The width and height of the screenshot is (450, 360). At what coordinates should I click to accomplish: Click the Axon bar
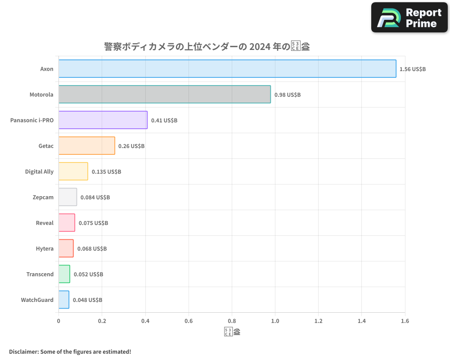click(227, 69)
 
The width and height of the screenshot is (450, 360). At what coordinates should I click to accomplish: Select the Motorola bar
click(165, 94)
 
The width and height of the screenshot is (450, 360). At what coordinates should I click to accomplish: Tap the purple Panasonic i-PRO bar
click(103, 120)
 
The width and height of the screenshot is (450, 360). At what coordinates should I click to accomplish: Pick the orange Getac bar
click(87, 146)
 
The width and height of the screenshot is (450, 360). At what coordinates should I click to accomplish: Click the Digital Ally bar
click(73, 171)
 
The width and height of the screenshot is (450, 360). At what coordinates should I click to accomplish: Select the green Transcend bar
click(64, 274)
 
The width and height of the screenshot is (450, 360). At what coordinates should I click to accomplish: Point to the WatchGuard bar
click(64, 300)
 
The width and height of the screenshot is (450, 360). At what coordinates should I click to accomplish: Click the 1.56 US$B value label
click(413, 69)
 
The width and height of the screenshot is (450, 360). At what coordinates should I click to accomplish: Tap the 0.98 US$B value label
click(288, 95)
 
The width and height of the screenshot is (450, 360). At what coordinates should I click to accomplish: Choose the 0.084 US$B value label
click(95, 198)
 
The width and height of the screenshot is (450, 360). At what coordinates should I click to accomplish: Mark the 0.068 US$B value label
click(92, 249)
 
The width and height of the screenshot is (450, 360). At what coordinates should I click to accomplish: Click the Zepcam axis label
click(43, 197)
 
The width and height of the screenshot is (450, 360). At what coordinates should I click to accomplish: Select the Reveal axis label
click(45, 223)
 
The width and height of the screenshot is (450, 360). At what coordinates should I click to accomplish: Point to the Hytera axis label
click(45, 248)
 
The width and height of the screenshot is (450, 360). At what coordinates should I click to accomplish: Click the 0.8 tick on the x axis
click(232, 321)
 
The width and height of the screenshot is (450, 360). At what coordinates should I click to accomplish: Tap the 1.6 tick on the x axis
click(405, 321)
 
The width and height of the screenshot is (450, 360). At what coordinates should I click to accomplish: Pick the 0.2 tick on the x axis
click(102, 321)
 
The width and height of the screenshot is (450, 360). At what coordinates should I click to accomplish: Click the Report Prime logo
click(409, 18)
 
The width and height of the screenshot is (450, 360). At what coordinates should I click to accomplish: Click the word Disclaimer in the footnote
click(23, 351)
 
